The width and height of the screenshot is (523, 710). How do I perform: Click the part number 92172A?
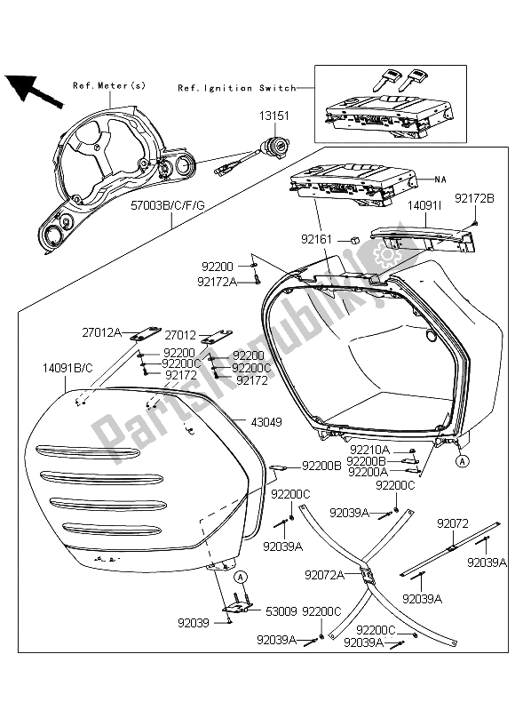tap(216, 282)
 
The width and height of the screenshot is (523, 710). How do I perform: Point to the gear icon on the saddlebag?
tap(386, 256)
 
